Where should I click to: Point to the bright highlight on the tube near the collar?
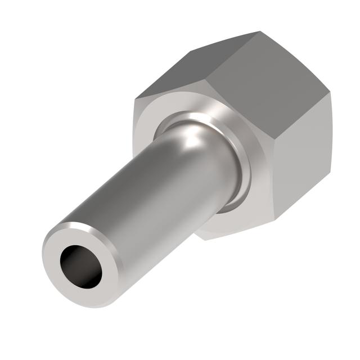[194, 138]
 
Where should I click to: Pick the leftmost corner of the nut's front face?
[134, 101]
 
